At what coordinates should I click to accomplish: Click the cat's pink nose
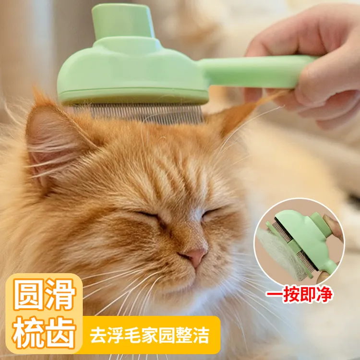tap(195, 257)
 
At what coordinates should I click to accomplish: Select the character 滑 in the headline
tap(60, 295)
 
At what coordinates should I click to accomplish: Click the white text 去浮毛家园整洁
tap(150, 335)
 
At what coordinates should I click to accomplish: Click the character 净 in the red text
tap(324, 294)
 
